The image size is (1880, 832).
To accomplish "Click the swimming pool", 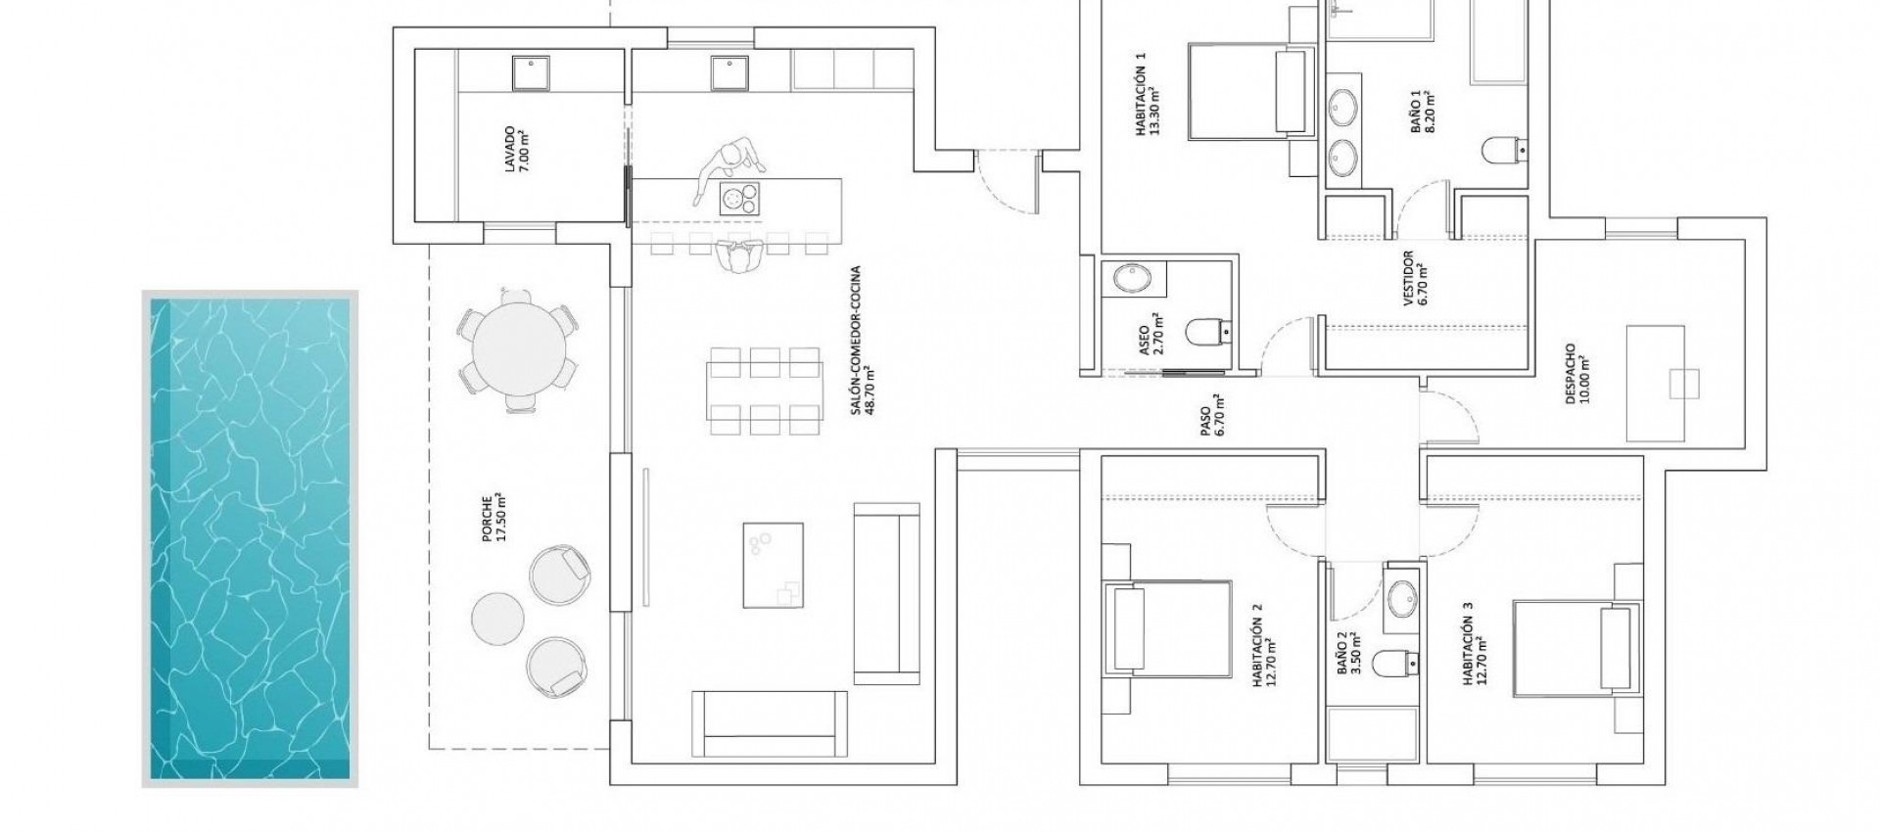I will point(251,538).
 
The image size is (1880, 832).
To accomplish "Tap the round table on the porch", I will point(518,347).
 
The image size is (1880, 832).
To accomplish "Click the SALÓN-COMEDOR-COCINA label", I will point(860,341).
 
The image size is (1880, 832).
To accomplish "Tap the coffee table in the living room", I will point(774,565).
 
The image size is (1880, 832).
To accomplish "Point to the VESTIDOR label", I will point(1414,280).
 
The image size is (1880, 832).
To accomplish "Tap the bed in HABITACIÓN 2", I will point(1167,627).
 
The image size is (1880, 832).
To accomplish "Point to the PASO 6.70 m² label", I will point(1211,415).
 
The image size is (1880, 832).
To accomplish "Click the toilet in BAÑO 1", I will point(1501,151).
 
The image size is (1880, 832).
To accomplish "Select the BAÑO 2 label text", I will point(1347,653).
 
